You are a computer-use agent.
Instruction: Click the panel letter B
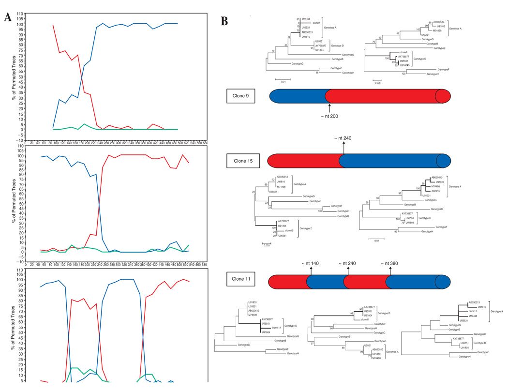224,21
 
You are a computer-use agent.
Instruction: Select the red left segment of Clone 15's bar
305,161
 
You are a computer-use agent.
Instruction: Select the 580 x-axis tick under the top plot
205,143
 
